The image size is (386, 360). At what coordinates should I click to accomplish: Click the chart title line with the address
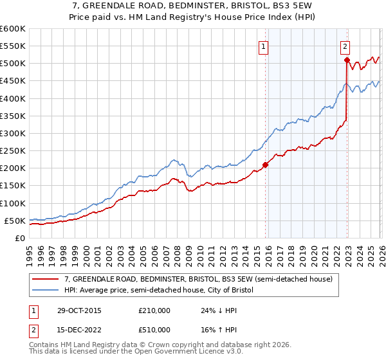click(193, 6)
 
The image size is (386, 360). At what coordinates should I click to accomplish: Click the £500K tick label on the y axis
click(13, 64)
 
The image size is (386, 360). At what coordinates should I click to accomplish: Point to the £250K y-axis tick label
click(13, 151)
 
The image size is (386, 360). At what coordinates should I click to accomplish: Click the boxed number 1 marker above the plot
click(264, 46)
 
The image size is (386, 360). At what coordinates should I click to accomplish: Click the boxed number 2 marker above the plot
click(345, 46)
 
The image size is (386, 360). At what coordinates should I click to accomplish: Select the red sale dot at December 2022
click(347, 60)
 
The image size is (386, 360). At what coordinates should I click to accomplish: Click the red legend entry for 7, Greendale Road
click(199, 280)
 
